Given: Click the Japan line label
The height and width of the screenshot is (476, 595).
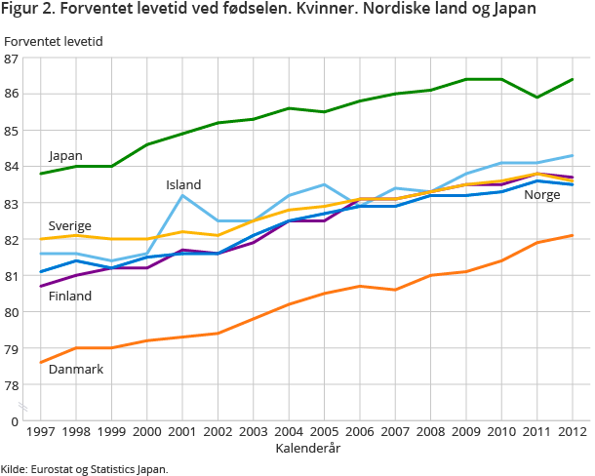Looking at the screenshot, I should pyautogui.click(x=65, y=156).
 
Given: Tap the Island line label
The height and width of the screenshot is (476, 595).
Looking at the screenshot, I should pyautogui.click(x=183, y=185).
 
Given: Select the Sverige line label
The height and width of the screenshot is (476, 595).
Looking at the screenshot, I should pyautogui.click(x=69, y=226).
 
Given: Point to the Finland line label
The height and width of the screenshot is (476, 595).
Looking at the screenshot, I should pyautogui.click(x=70, y=296).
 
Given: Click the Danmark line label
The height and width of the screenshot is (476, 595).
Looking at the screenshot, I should pyautogui.click(x=75, y=370).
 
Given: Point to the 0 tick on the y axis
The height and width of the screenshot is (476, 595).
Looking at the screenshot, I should pyautogui.click(x=15, y=421).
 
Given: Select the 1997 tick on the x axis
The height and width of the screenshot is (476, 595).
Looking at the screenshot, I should pyautogui.click(x=41, y=430).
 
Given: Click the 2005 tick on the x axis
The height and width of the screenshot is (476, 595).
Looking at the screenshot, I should pyautogui.click(x=324, y=430).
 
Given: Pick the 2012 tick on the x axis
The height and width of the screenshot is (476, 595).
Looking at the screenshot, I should pyautogui.click(x=572, y=430).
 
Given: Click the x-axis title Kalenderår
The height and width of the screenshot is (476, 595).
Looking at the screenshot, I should pyautogui.click(x=306, y=446).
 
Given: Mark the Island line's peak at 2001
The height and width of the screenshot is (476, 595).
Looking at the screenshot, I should pyautogui.click(x=182, y=196).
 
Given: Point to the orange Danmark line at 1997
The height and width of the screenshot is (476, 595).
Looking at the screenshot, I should pyautogui.click(x=41, y=363).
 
